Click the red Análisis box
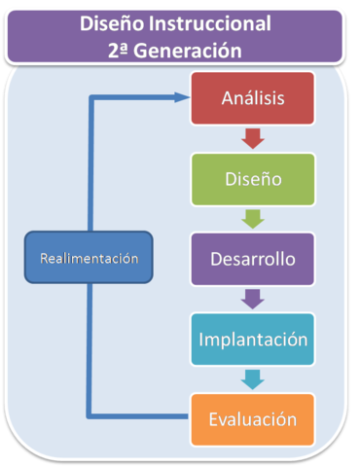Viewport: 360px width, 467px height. (252, 98)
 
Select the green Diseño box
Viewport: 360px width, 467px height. (252, 179)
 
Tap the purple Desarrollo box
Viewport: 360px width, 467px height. (252, 260)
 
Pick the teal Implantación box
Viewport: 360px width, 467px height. (252, 340)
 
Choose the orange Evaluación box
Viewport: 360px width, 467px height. (252, 419)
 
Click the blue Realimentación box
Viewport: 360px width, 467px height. (89, 258)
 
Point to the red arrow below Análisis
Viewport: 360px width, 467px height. (252, 139)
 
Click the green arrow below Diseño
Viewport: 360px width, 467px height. (252, 220)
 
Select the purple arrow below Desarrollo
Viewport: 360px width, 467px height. (252, 299)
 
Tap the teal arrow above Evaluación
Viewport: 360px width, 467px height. (252, 379)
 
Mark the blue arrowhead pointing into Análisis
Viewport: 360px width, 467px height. (180, 96)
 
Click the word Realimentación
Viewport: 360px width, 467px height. (89, 258)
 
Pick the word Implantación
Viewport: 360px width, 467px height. (252, 340)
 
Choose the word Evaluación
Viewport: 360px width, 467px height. (252, 419)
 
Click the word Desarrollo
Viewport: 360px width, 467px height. (252, 260)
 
